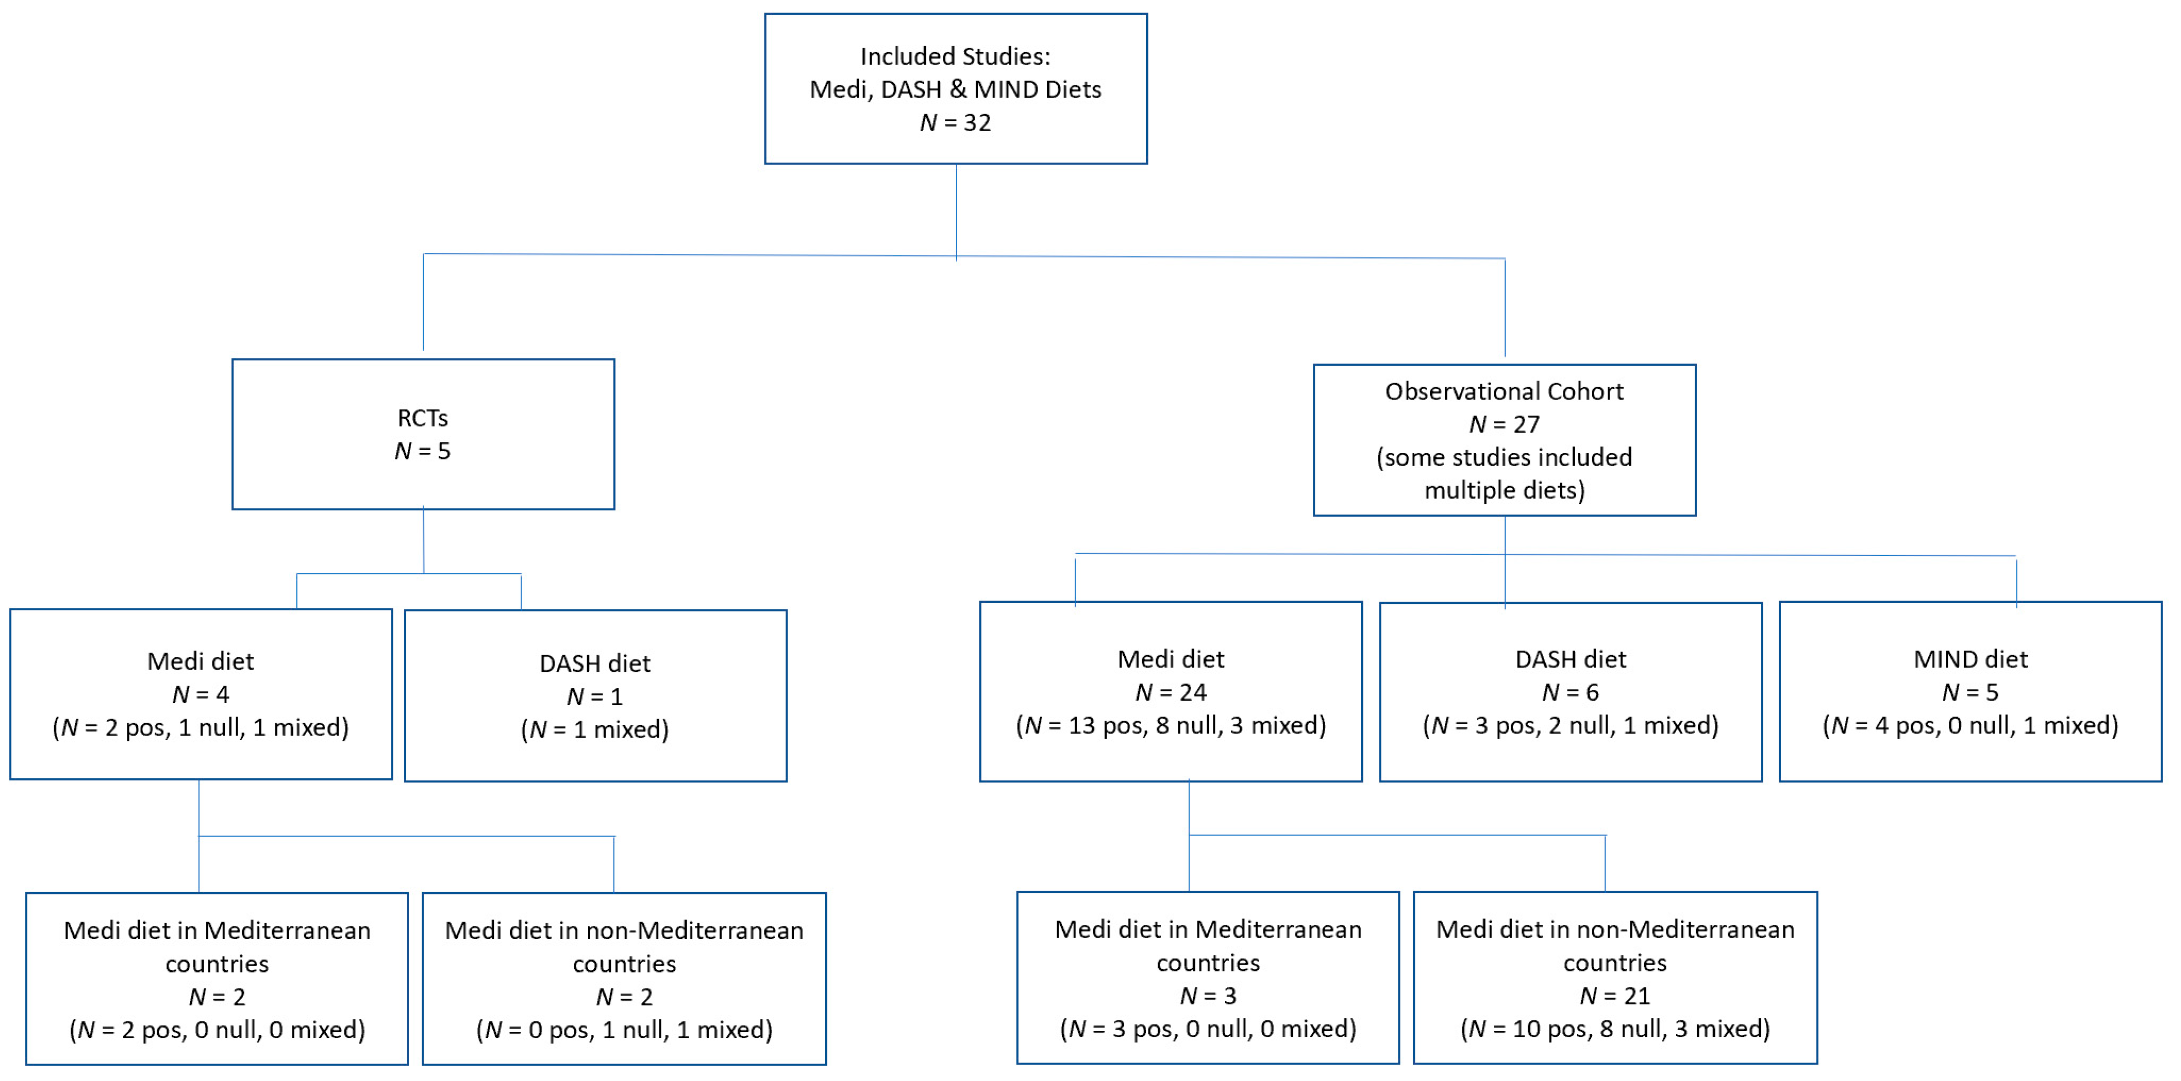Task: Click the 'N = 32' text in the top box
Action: tap(955, 123)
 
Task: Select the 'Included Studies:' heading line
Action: tap(955, 56)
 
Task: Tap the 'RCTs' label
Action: tap(423, 418)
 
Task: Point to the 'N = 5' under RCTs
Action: tap(423, 451)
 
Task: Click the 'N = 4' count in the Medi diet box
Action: tap(201, 694)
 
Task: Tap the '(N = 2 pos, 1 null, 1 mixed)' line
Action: tap(201, 727)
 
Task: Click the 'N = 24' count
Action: tap(1171, 692)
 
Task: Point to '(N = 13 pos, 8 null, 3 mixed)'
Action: tap(1171, 726)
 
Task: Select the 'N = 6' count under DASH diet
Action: tap(1570, 692)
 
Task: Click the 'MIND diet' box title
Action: tap(1970, 660)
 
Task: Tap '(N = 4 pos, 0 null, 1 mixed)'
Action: tap(1970, 726)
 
